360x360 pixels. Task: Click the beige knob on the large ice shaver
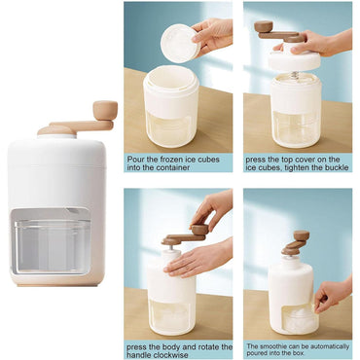[x=105, y=110]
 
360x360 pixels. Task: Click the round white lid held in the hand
[x=181, y=43]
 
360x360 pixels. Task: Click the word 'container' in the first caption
[x=173, y=167]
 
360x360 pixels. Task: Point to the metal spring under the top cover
[x=295, y=77]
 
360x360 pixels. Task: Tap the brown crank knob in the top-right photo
[x=264, y=26]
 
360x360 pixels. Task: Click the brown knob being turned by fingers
[x=199, y=230]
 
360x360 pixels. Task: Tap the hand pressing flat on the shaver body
[x=198, y=259]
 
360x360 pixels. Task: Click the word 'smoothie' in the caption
[x=271, y=346]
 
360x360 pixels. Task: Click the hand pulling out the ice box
[x=333, y=294]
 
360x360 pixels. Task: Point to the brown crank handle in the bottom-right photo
[x=295, y=242]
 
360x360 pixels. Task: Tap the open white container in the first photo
[x=171, y=105]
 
